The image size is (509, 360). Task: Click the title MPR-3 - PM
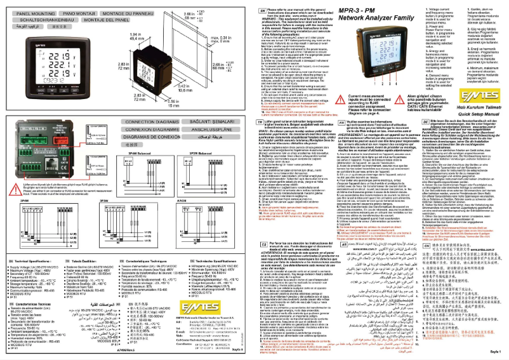click(360, 11)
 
